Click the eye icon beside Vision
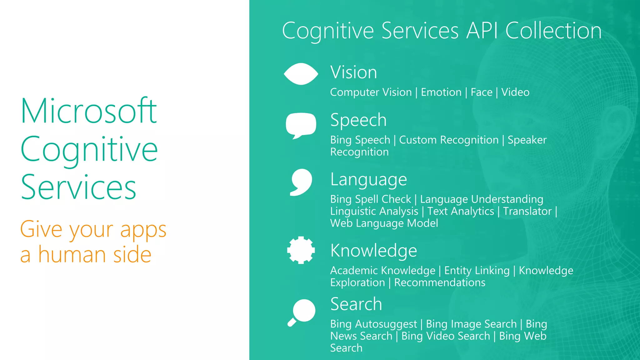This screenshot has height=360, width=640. point(301,74)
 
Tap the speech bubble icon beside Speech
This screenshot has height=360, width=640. point(301,125)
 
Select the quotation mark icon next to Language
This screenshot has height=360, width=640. point(301,182)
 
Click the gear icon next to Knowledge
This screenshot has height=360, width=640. point(301,250)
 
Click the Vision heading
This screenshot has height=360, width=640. point(354,72)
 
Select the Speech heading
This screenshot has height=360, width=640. point(358,120)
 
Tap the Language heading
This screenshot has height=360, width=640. point(369,180)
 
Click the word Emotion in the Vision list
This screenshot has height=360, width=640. point(441,92)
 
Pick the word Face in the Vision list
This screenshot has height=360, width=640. point(482,92)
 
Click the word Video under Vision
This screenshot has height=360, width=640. point(515,92)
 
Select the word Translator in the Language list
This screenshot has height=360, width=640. point(527,211)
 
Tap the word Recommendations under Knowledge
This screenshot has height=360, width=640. point(440,282)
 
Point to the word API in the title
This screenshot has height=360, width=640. point(482,31)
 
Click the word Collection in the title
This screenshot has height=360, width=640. point(553,31)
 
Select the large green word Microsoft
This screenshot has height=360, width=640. point(89,111)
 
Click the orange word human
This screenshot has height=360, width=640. point(72,254)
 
